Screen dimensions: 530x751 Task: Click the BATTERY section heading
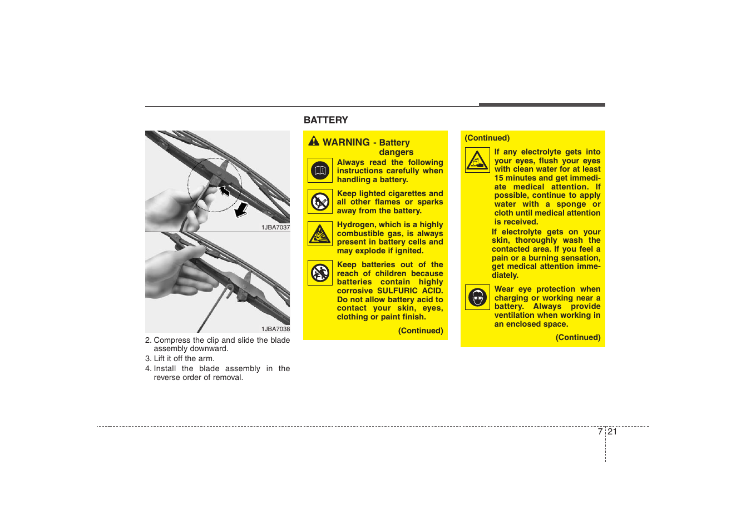(x=325, y=120)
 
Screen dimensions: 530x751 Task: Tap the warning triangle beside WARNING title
(x=314, y=141)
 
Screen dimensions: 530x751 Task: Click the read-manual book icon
(x=320, y=171)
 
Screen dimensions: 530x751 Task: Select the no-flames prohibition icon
(x=320, y=202)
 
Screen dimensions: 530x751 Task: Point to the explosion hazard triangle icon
(x=320, y=234)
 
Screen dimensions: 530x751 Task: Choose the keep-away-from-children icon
(x=320, y=273)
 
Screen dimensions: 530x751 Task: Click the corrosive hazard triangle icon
(x=477, y=160)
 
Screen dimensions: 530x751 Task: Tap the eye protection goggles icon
(x=477, y=297)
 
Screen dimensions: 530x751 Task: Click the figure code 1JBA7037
(x=275, y=227)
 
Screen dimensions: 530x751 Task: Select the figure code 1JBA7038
(x=275, y=329)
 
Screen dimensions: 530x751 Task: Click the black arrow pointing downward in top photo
(x=241, y=210)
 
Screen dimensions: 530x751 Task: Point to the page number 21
(x=612, y=432)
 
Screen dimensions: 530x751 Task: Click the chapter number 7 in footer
(x=600, y=432)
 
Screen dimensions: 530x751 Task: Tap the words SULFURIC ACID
(x=410, y=291)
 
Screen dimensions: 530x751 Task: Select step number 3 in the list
(x=147, y=358)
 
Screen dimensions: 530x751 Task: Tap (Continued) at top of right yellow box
(x=487, y=138)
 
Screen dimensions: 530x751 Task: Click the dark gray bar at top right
(x=542, y=104)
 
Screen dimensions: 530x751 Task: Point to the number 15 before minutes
(x=499, y=178)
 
